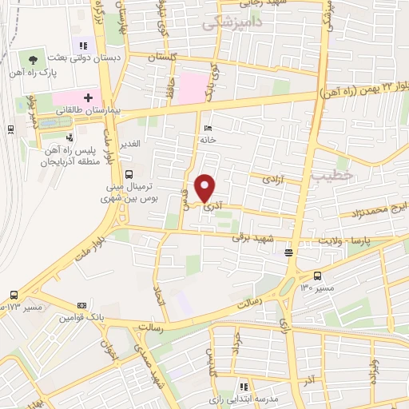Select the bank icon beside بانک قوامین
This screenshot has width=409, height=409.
[81, 305]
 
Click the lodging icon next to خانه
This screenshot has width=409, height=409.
[208, 129]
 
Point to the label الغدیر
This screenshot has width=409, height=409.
[129, 144]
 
